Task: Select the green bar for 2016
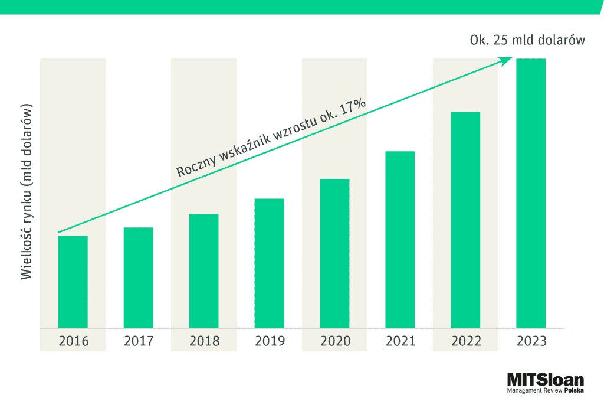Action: pyautogui.click(x=73, y=282)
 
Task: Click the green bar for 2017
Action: pyautogui.click(x=139, y=278)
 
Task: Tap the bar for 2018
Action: pyautogui.click(x=204, y=270)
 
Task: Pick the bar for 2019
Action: pyautogui.click(x=270, y=263)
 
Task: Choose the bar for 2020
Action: pyautogui.click(x=335, y=253)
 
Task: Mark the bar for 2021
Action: pyautogui.click(x=400, y=239)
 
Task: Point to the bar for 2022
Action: pyautogui.click(x=465, y=220)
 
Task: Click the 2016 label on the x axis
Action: pyautogui.click(x=73, y=341)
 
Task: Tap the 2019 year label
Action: pyautogui.click(x=270, y=341)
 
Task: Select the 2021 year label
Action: pyautogui.click(x=400, y=341)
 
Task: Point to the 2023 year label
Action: pyautogui.click(x=531, y=341)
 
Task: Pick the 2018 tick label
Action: pyautogui.click(x=204, y=341)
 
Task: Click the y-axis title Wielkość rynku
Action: pyautogui.click(x=27, y=193)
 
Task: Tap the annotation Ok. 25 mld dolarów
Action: pyautogui.click(x=527, y=41)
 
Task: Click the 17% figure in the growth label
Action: pyautogui.click(x=353, y=109)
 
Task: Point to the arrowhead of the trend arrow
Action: pyautogui.click(x=508, y=59)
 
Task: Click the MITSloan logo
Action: pyautogui.click(x=545, y=380)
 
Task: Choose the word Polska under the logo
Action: pyautogui.click(x=574, y=390)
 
